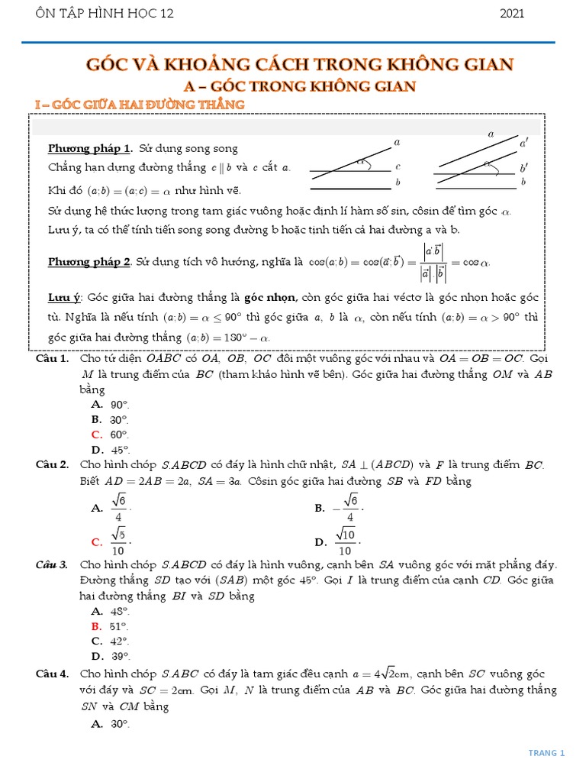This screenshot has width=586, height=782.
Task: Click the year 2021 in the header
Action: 511,13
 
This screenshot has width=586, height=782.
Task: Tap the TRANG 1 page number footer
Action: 546,753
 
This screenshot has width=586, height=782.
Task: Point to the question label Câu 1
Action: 53,358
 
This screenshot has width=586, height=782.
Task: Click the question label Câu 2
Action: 53,464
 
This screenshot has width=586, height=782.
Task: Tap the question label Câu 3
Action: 53,565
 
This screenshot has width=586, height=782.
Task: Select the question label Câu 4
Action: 53,674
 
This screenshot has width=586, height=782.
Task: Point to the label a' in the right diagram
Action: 523,143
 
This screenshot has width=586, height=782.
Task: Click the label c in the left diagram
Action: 398,166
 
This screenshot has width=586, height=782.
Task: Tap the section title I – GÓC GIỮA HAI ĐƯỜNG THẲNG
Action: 140,104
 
